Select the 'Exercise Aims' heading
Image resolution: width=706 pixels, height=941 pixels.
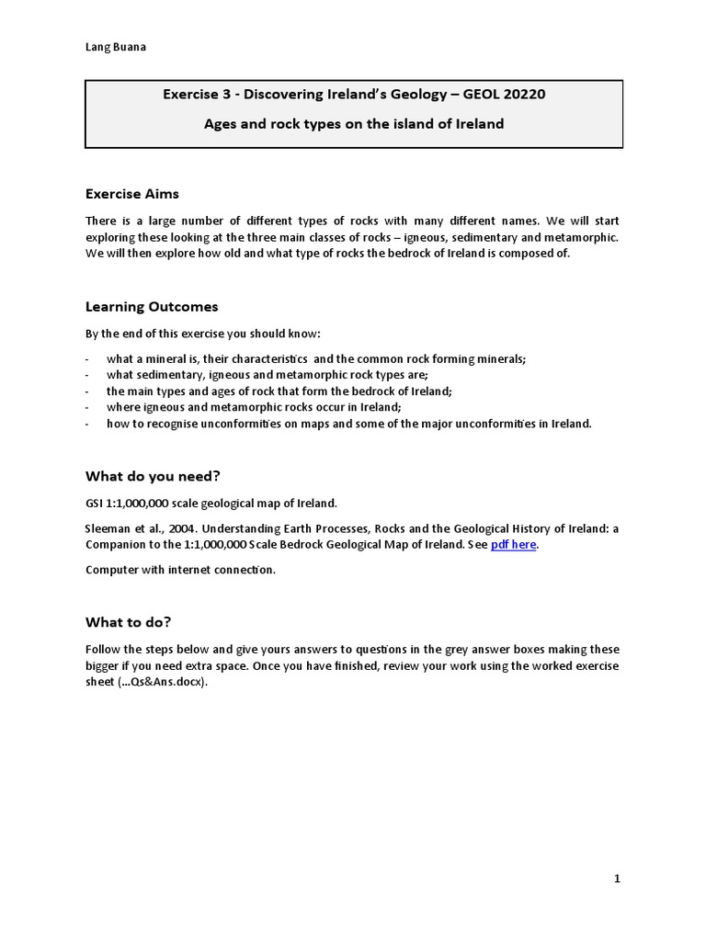(132, 194)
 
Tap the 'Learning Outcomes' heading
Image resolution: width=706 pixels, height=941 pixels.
(152, 307)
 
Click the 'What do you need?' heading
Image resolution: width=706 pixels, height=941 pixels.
(153, 476)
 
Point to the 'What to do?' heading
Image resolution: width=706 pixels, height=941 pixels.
(129, 622)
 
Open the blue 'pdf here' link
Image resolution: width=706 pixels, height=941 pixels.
(513, 545)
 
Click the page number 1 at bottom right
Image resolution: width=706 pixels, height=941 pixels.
(617, 879)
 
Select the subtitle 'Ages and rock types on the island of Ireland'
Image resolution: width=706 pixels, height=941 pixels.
(353, 123)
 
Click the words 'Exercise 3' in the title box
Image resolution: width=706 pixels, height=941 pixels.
(198, 94)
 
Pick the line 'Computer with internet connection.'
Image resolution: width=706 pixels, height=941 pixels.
(180, 570)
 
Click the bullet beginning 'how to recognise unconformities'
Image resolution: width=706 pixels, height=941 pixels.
(349, 424)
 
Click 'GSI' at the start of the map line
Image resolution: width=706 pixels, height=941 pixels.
(95, 503)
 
